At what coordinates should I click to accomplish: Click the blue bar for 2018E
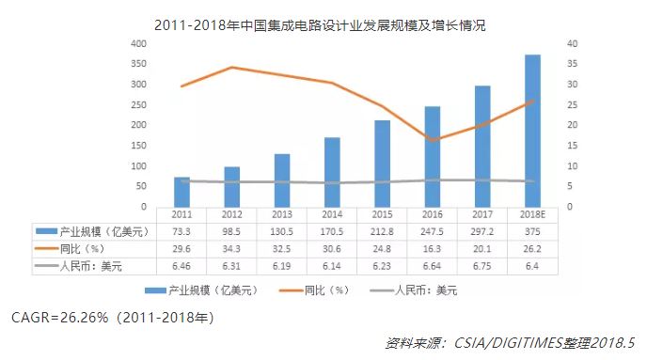tap(532, 131)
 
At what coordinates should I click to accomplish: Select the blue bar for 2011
tap(181, 192)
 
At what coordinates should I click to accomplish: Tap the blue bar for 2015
tap(382, 164)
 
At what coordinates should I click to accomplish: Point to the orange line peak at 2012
tap(231, 68)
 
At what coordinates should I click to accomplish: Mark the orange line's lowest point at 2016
tap(432, 140)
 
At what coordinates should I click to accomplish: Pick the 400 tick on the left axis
tap(137, 44)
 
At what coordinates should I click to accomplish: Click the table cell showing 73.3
tap(181, 231)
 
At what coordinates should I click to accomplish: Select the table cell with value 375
tap(532, 231)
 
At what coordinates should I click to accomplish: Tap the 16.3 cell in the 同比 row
tap(432, 249)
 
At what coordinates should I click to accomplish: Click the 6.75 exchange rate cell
tap(482, 267)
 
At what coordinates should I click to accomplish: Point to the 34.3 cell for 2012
tap(231, 249)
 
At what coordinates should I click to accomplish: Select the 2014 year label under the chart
tap(332, 214)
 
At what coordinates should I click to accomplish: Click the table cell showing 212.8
tap(382, 231)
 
